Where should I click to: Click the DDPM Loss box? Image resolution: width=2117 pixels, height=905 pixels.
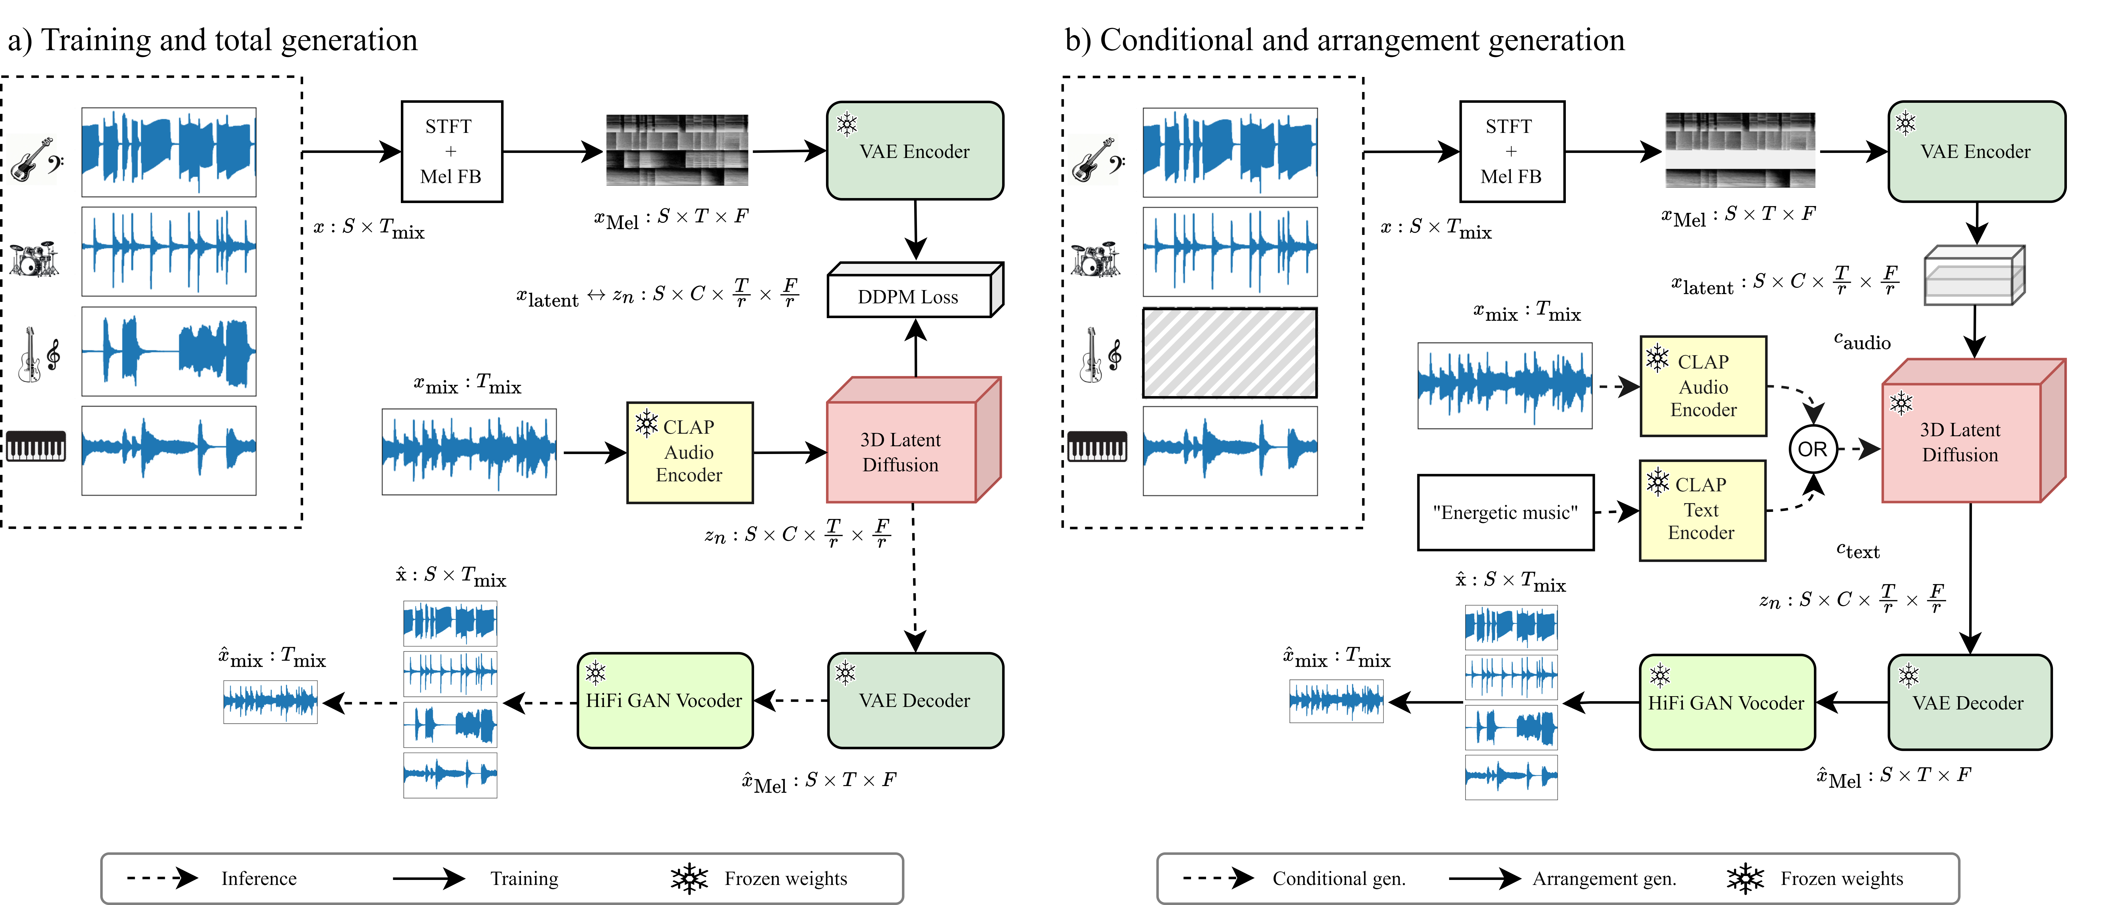908,297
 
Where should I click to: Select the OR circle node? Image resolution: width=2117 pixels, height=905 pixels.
1812,449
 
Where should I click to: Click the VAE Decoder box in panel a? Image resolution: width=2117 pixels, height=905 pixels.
915,700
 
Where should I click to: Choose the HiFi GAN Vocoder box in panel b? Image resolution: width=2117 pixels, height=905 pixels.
1726,703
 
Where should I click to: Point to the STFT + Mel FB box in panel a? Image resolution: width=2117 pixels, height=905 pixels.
451,151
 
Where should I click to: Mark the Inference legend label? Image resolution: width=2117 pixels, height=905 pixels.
259,879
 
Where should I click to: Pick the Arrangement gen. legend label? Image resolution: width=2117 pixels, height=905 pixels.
1603,879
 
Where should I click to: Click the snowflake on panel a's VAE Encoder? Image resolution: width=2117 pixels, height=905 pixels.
847,124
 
